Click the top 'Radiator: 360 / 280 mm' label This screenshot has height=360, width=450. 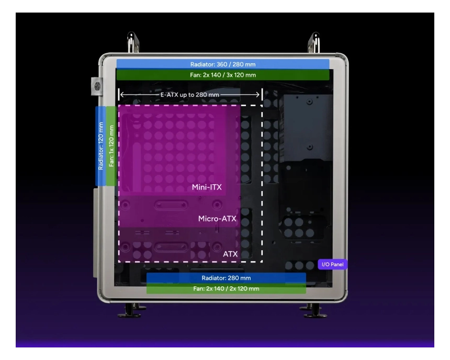(223, 64)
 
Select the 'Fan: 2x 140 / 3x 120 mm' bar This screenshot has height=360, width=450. (223, 75)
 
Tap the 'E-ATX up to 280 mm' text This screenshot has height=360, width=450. (190, 95)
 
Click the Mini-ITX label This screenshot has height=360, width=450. (207, 187)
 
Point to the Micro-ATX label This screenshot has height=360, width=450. (217, 219)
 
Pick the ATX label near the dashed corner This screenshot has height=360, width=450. (230, 254)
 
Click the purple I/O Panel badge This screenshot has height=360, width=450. (333, 264)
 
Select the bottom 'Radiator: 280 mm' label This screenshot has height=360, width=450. (226, 278)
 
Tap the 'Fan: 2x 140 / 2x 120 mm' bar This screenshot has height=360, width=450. (226, 288)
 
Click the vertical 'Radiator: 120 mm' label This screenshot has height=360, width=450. (100, 146)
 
